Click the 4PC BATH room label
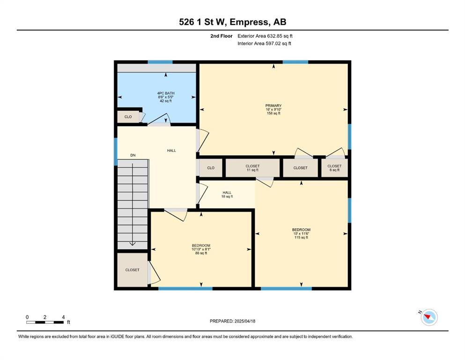pyautogui.click(x=166, y=97)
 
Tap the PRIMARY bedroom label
pyautogui.click(x=273, y=109)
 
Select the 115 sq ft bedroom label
pyautogui.click(x=301, y=233)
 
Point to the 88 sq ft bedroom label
pyautogui.click(x=201, y=249)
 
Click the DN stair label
pyautogui.click(x=133, y=155)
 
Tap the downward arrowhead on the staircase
pyautogui.click(x=132, y=244)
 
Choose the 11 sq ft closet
pyautogui.click(x=253, y=168)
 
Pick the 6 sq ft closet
pyautogui.click(x=334, y=168)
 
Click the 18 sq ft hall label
pyautogui.click(x=227, y=195)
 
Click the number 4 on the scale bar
pyautogui.click(x=63, y=317)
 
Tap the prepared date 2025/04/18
pyautogui.click(x=244, y=321)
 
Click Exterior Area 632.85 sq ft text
pyautogui.click(x=265, y=36)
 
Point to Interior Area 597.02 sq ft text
pyautogui.click(x=264, y=43)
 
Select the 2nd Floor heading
pyautogui.click(x=221, y=36)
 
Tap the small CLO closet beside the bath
pyautogui.click(x=128, y=117)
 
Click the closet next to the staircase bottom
pyautogui.click(x=132, y=270)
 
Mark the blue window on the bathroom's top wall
pyautogui.click(x=160, y=62)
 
